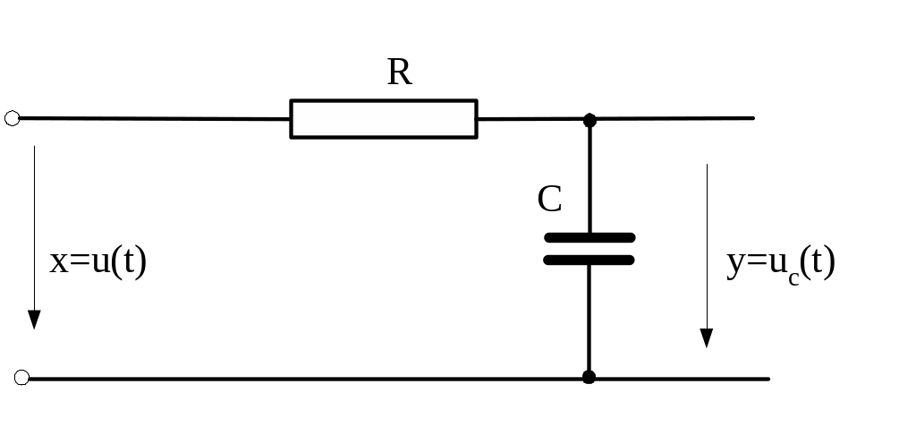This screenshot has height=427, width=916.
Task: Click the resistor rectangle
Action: [x=383, y=119]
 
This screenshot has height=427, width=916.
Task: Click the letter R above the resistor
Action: [x=399, y=73]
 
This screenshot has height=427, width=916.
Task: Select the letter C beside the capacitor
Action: [x=549, y=199]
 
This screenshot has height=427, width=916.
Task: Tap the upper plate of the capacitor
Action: [x=589, y=237]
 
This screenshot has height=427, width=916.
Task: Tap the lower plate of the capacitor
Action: [x=589, y=260]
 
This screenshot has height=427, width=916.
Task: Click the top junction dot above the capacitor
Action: [x=589, y=119]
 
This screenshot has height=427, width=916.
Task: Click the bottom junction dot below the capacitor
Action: [x=589, y=377]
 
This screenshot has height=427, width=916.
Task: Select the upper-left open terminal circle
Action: [x=12, y=118]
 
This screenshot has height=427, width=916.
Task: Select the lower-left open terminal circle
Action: [x=21, y=378]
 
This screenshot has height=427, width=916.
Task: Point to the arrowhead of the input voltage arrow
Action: [x=34, y=320]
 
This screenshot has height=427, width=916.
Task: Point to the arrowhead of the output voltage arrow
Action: [x=707, y=337]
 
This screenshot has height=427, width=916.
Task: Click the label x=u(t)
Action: [x=98, y=262]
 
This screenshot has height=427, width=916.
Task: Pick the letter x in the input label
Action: [x=58, y=263]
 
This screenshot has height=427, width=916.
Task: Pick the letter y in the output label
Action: [x=735, y=266]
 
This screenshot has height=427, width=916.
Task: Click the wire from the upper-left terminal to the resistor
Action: [x=152, y=118]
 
